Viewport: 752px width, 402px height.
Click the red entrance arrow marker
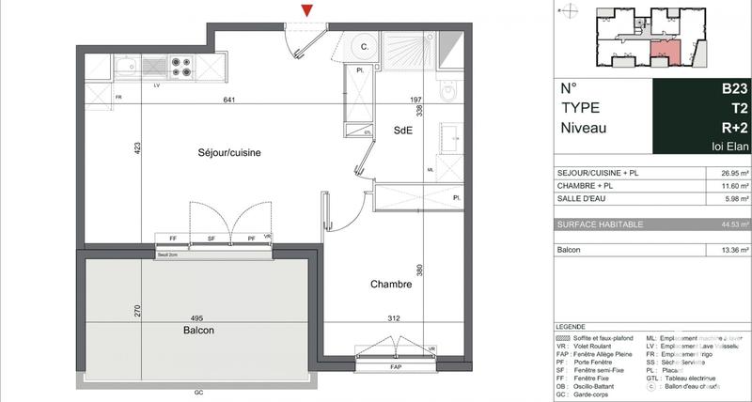[x=306, y=9]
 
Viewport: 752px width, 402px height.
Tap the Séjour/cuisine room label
[x=229, y=152]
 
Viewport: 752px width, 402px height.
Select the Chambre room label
[x=390, y=284]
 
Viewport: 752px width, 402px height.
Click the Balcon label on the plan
[x=198, y=331]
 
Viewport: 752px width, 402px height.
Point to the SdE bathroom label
[x=404, y=132]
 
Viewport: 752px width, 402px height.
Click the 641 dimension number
[x=228, y=100]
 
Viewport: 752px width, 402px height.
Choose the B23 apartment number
[x=734, y=88]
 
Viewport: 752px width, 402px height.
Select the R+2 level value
[x=734, y=128]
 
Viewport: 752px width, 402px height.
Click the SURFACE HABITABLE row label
[x=601, y=224]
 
